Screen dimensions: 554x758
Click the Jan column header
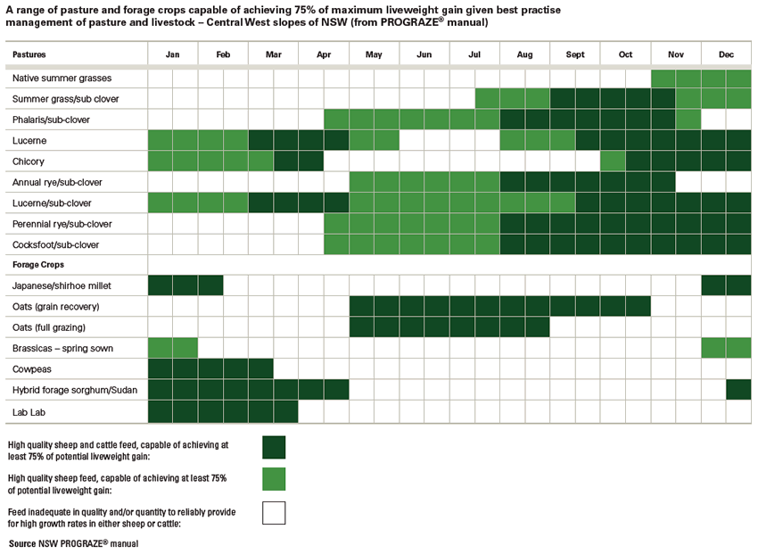[172, 54]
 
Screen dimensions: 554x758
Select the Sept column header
[575, 54]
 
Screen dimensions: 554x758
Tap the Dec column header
[726, 54]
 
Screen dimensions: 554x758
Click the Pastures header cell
[30, 55]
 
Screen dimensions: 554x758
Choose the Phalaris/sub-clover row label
[51, 120]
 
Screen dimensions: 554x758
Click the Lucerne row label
[29, 141]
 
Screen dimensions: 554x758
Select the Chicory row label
[29, 161]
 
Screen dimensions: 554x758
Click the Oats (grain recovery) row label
[56, 307]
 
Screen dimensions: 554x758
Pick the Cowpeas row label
[32, 368]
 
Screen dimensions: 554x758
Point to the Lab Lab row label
[30, 410]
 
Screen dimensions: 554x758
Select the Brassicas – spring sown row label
[62, 348]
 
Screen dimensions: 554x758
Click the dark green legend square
[274, 447]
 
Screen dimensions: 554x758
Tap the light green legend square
[274, 479]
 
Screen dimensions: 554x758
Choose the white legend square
[274, 512]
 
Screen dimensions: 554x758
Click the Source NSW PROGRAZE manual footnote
[74, 542]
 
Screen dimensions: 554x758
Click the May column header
[374, 54]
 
